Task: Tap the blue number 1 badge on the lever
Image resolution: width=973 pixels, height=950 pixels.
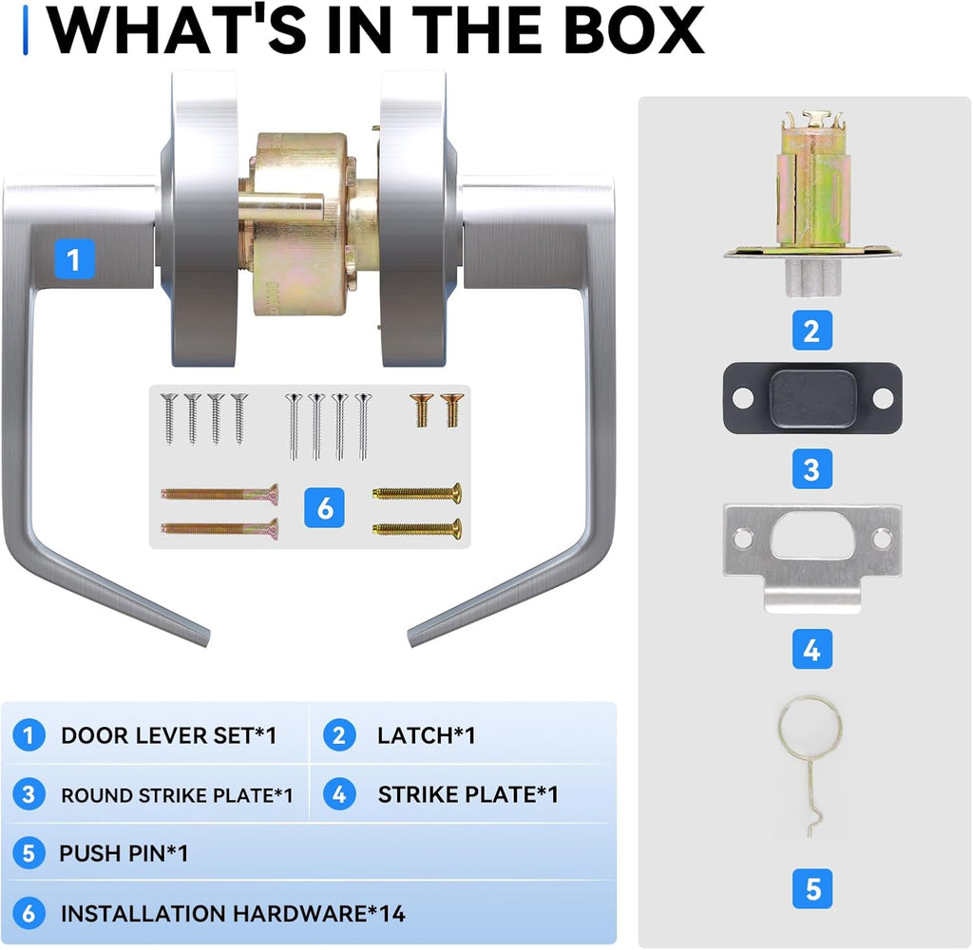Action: (74, 259)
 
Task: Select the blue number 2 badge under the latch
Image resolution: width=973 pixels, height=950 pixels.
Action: (811, 331)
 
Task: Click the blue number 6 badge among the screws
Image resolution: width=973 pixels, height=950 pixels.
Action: (325, 507)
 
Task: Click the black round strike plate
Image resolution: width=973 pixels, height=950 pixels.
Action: (812, 398)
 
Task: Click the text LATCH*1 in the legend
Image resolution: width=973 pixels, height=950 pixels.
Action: (427, 735)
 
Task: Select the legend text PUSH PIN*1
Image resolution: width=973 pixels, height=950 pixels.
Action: (124, 853)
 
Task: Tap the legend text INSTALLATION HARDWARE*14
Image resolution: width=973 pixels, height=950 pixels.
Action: (234, 913)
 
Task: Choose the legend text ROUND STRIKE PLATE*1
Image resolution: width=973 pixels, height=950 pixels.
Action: (177, 795)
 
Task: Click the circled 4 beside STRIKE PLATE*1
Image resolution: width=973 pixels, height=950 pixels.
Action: (339, 794)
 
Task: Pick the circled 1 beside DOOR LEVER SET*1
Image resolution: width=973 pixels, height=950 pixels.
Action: (29, 735)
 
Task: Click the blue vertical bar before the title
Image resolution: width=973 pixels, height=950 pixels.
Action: (26, 30)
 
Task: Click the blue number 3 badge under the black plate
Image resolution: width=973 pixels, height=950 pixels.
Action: (811, 469)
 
